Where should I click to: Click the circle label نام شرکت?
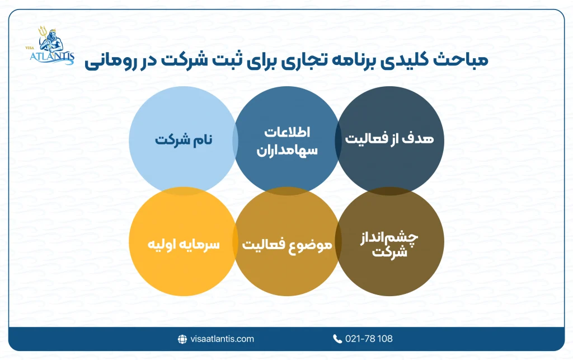click(x=179, y=140)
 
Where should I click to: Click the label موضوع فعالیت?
click(x=287, y=245)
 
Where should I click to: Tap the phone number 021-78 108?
click(x=369, y=339)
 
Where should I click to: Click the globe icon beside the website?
click(x=182, y=339)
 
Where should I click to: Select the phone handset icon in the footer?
click(x=337, y=339)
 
